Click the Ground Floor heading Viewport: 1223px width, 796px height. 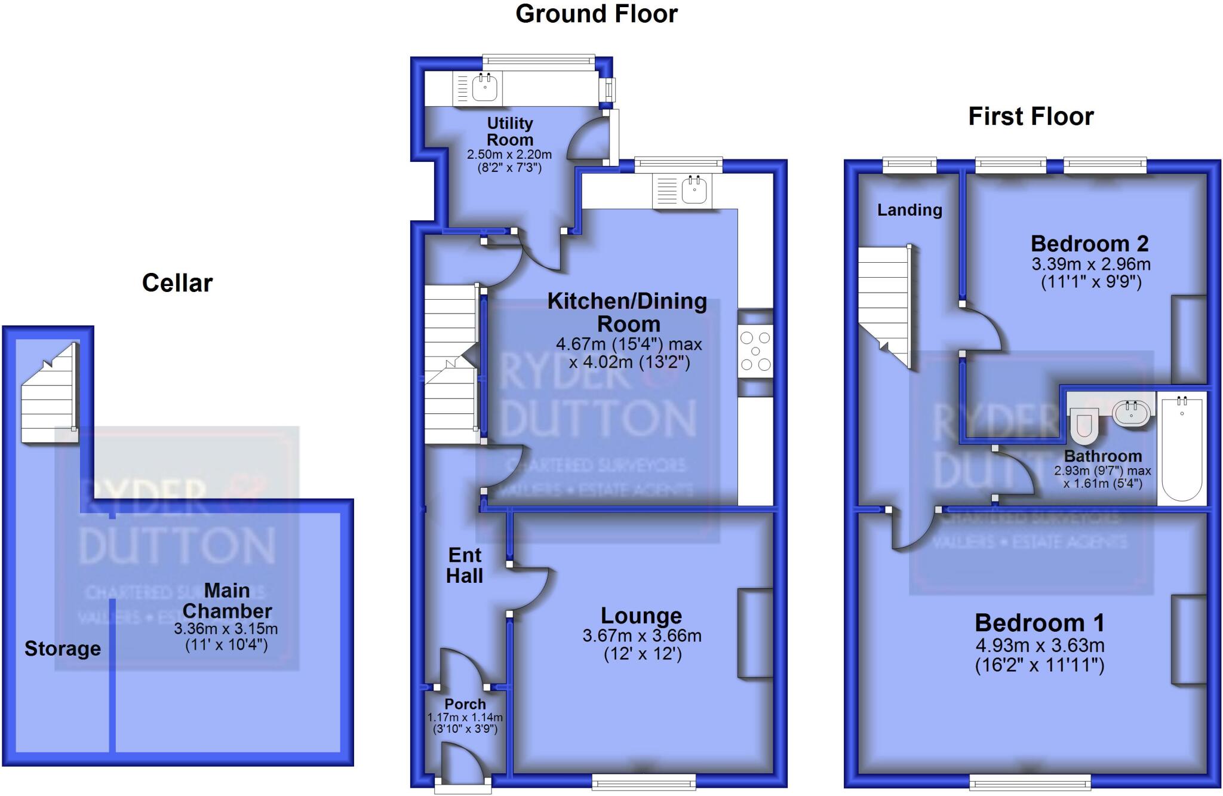tap(597, 14)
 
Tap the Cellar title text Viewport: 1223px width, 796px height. tap(177, 283)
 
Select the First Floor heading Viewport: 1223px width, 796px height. tap(1031, 116)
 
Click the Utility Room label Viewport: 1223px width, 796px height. tap(509, 131)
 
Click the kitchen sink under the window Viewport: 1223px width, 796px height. tap(694, 190)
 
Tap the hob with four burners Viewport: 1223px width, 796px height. tap(755, 352)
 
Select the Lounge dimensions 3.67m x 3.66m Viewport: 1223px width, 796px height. tap(642, 636)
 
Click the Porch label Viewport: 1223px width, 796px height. tap(465, 704)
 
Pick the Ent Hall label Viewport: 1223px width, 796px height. tap(465, 566)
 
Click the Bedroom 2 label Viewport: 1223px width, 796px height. tap(1090, 244)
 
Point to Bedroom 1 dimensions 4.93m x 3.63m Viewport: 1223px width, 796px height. tap(1039, 646)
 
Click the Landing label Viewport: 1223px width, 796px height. tap(909, 210)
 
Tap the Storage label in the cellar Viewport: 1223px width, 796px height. tap(63, 649)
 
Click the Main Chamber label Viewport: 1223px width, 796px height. tap(226, 601)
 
